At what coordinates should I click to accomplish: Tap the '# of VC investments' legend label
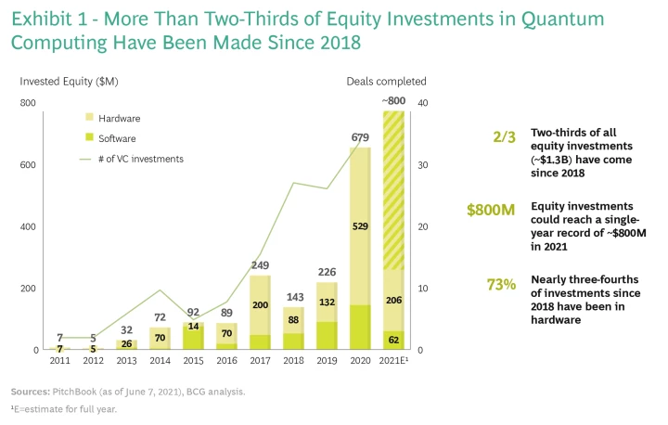pos(141,159)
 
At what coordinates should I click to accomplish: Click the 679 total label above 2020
pos(360,138)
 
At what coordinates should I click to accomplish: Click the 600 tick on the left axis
pos(30,165)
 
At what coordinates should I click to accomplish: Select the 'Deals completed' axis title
pos(386,82)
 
